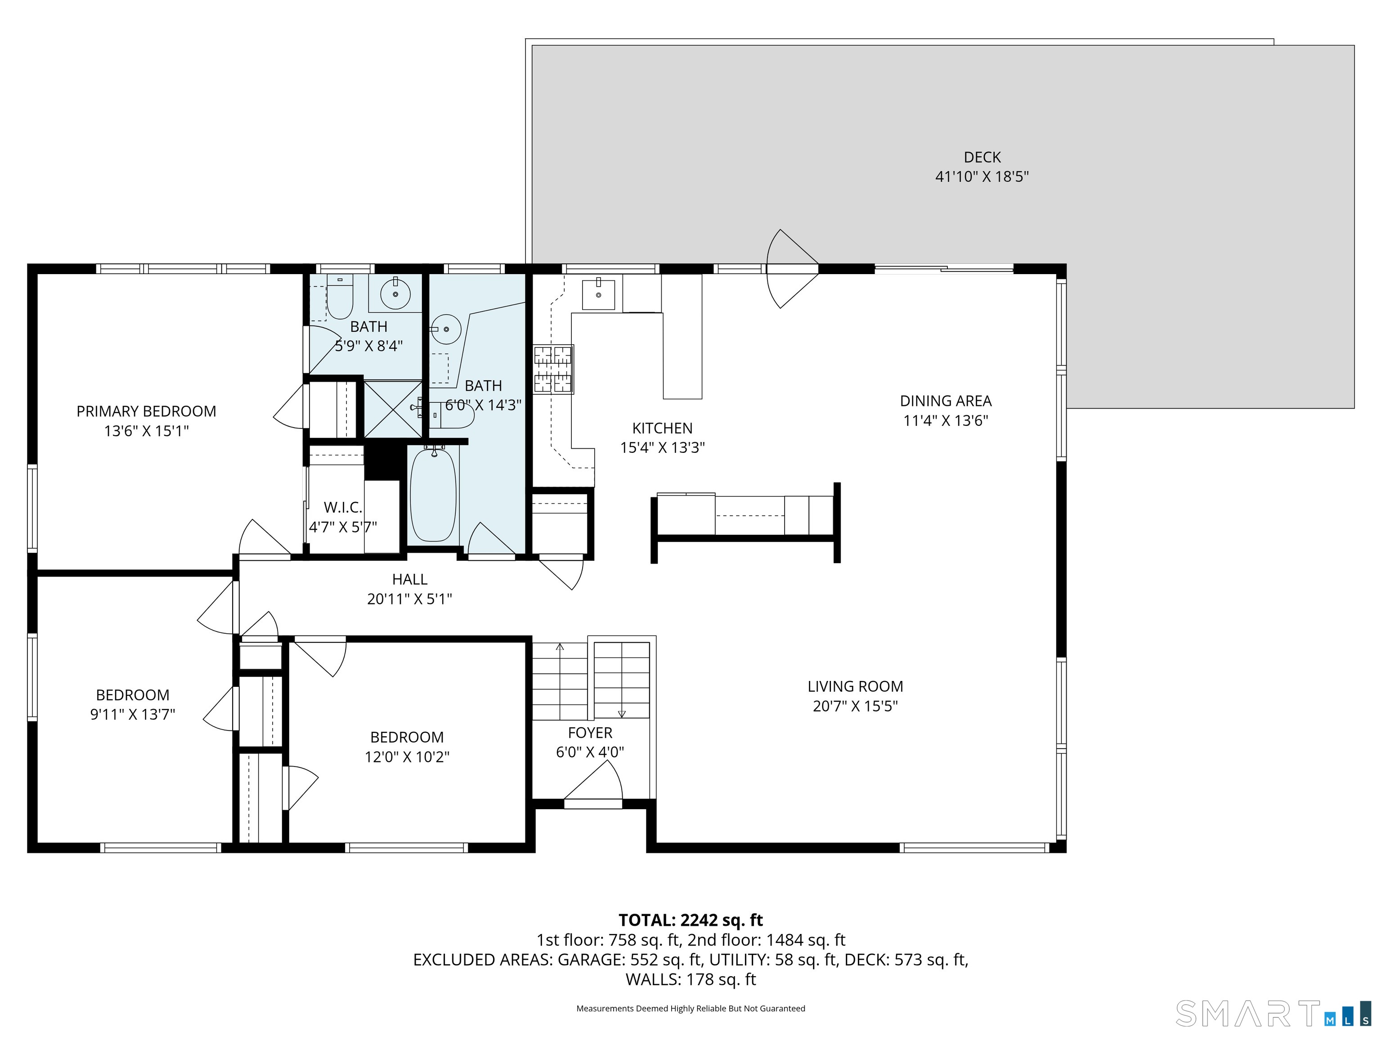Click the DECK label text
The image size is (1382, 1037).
point(982,158)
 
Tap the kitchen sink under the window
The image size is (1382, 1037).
point(598,294)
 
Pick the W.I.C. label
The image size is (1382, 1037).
point(342,508)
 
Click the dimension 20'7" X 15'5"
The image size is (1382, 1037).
point(855,706)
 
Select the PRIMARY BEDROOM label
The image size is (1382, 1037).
point(146,411)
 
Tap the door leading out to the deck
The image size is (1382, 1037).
point(792,269)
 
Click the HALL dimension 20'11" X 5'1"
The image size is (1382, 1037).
point(409,599)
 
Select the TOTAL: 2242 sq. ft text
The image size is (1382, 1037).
point(691,920)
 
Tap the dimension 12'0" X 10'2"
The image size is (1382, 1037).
point(407,756)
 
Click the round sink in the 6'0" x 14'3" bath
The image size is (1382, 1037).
point(445,329)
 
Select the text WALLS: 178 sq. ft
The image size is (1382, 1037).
point(691,979)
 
